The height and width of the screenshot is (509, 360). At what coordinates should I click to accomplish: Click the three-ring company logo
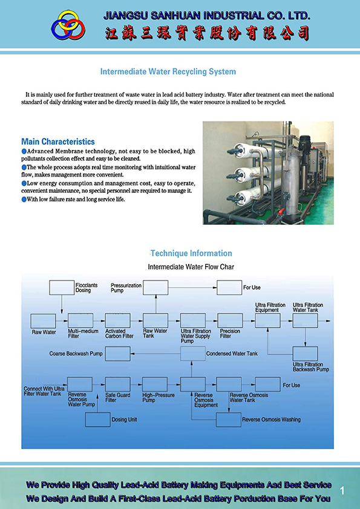click(x=68, y=25)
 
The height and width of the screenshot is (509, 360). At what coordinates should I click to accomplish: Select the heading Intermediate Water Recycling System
click(x=168, y=72)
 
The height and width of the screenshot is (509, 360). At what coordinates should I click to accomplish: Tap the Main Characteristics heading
click(x=58, y=141)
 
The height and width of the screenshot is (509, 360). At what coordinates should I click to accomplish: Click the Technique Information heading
click(x=191, y=253)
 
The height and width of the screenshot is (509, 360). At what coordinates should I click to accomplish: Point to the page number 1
click(x=342, y=491)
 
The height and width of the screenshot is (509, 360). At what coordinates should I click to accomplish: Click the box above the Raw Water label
click(x=43, y=321)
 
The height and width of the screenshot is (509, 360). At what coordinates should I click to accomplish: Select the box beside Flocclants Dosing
click(x=62, y=288)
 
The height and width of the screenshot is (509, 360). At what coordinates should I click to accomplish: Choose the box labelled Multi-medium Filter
click(x=80, y=321)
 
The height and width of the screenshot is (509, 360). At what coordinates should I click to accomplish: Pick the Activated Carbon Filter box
click(x=118, y=321)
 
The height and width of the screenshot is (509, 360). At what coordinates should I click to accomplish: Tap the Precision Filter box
click(x=231, y=321)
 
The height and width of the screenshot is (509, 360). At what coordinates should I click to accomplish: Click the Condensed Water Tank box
click(x=193, y=354)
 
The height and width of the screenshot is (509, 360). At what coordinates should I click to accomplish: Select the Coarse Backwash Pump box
click(x=118, y=354)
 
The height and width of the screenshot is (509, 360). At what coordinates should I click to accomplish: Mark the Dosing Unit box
click(x=98, y=420)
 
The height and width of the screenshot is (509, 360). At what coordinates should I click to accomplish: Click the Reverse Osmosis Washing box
click(x=229, y=420)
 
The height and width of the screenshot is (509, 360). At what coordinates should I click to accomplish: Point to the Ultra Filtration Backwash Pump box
click(x=305, y=354)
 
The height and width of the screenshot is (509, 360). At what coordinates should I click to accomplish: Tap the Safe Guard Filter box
click(x=118, y=384)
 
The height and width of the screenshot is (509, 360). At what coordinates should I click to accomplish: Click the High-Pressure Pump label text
click(x=159, y=398)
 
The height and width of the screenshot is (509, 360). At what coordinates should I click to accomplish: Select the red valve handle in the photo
click(x=281, y=212)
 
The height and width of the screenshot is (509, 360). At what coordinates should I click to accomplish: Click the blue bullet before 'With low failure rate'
click(x=24, y=199)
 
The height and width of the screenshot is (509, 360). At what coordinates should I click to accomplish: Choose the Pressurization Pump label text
click(x=126, y=288)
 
